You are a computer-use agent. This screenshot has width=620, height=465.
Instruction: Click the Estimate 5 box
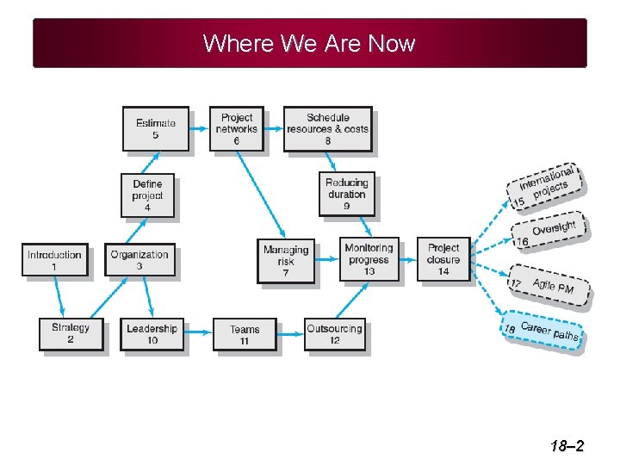pyautogui.click(x=155, y=128)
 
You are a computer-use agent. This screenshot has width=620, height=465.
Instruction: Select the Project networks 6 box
pyautogui.click(x=236, y=128)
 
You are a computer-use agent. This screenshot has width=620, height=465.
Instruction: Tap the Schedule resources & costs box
pyautogui.click(x=327, y=128)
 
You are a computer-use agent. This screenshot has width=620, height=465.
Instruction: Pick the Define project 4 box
pyautogui.click(x=147, y=195)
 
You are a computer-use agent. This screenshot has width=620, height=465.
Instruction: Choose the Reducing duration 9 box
pyautogui.click(x=346, y=194)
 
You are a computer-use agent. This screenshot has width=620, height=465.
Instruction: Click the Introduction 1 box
pyautogui.click(x=54, y=260)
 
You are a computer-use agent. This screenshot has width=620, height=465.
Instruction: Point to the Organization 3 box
pyautogui.click(x=139, y=260)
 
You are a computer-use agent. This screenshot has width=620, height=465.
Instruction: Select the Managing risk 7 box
pyautogui.click(x=286, y=261)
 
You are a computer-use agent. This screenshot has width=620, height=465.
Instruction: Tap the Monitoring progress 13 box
pyautogui.click(x=369, y=259)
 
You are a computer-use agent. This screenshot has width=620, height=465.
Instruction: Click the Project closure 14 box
pyautogui.click(x=443, y=259)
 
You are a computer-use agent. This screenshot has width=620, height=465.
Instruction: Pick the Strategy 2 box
pyautogui.click(x=71, y=333)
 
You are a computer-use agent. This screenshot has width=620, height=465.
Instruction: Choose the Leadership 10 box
pyautogui.click(x=152, y=333)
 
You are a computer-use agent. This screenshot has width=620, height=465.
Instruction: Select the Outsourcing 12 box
pyautogui.click(x=334, y=334)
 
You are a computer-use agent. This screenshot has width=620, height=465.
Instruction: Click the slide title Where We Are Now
pyautogui.click(x=309, y=43)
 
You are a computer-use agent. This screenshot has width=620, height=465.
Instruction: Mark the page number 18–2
pyautogui.click(x=567, y=446)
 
